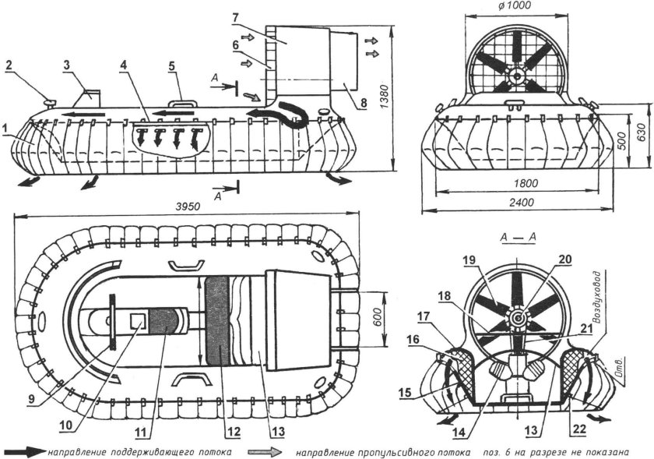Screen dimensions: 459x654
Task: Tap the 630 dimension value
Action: click(x=640, y=129)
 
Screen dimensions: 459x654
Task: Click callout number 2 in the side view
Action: click(x=9, y=67)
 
